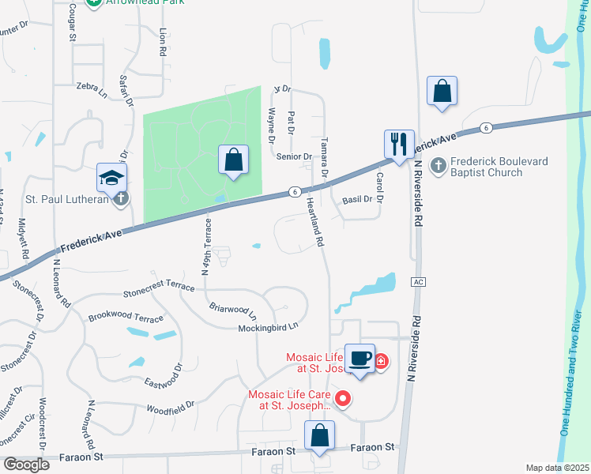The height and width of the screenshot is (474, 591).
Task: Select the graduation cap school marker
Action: tap(111, 179)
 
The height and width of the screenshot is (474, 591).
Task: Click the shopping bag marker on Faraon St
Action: tap(319, 436)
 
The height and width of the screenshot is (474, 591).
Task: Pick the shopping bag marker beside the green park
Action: tap(234, 160)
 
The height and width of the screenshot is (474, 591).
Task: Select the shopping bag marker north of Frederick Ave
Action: tap(442, 91)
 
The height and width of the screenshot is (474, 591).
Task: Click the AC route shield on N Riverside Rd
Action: tap(419, 282)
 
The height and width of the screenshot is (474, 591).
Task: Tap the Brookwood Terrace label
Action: tap(126, 318)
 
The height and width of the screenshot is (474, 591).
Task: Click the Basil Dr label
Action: tap(357, 200)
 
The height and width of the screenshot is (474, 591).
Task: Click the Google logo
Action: tap(26, 464)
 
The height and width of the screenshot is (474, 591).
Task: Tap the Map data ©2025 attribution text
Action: tap(556, 468)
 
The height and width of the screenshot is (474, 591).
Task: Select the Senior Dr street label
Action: tap(293, 156)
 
